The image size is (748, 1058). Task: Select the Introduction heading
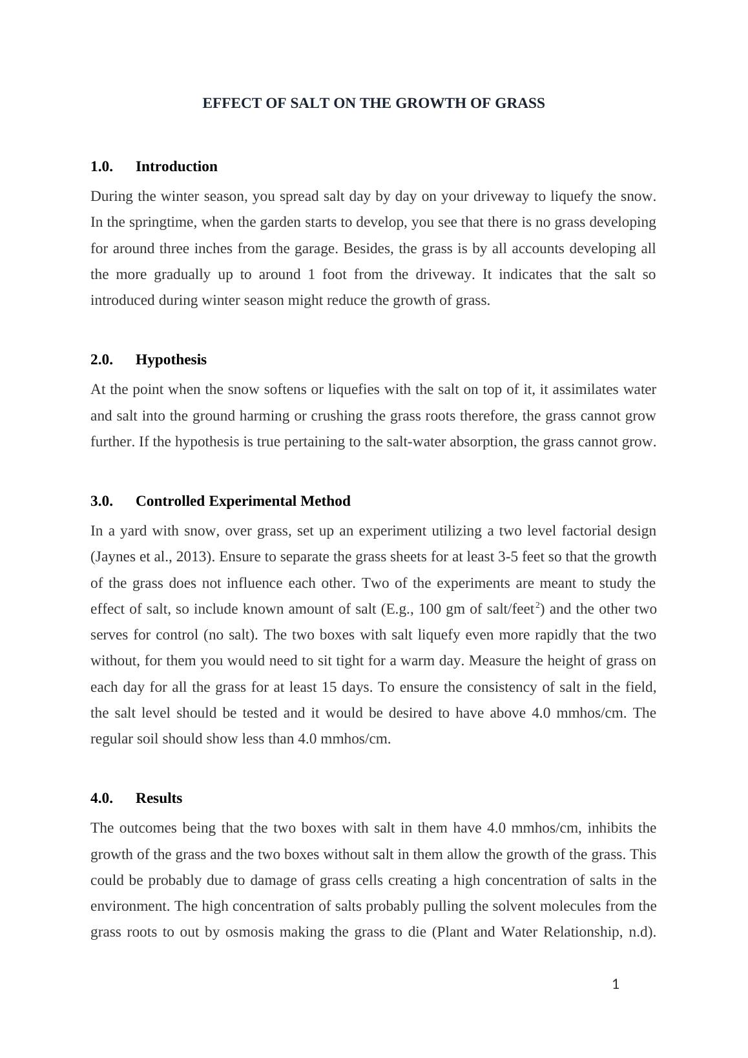click(x=176, y=167)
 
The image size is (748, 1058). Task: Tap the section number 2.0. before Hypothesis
click(x=101, y=360)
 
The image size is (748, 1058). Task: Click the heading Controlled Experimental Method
click(x=243, y=501)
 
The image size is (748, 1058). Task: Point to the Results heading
click(x=159, y=798)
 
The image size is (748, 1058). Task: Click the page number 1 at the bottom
click(x=616, y=984)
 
